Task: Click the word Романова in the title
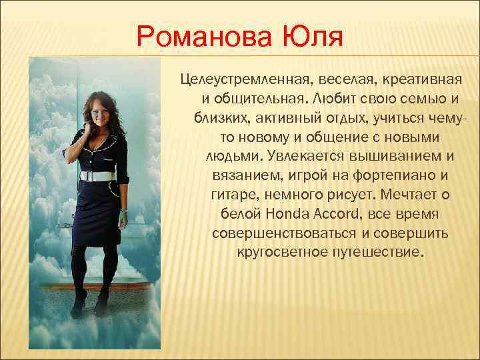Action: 201,37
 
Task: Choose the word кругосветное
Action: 276,253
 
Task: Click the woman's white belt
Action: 97,176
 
